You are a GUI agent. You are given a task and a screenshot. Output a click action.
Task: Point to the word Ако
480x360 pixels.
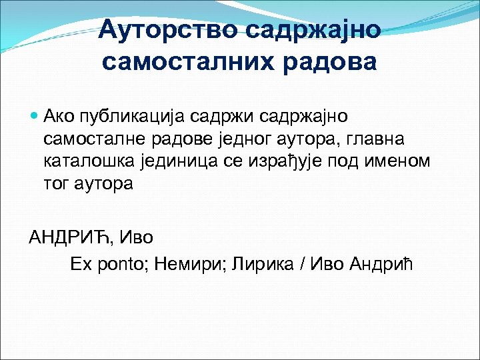pyautogui.click(x=56, y=117)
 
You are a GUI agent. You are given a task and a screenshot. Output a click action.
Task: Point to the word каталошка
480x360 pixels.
pyautogui.click(x=82, y=161)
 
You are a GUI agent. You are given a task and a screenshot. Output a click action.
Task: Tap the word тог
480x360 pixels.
pyautogui.click(x=55, y=183)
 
